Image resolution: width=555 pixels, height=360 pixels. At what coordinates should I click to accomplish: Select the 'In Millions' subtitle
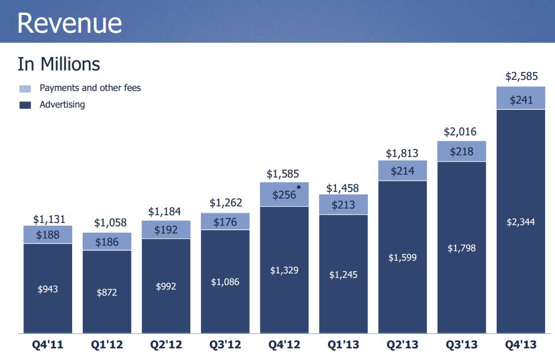(x=59, y=64)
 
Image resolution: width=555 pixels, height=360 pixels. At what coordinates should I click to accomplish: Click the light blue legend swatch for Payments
(x=25, y=88)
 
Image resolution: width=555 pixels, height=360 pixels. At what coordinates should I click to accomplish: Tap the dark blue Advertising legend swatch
(x=25, y=105)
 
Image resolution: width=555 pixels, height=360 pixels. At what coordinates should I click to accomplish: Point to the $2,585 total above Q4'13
(x=521, y=77)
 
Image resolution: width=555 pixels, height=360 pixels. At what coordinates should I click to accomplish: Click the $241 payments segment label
(x=521, y=100)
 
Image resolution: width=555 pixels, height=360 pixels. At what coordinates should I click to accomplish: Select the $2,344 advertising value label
(x=521, y=222)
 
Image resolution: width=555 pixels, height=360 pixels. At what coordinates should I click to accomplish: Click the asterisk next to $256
(x=299, y=189)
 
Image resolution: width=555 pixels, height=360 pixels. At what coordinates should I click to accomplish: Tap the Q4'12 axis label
(x=284, y=345)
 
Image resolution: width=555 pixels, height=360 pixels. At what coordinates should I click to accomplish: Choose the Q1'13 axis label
(x=343, y=345)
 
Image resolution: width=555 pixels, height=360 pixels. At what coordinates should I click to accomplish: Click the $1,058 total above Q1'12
(x=110, y=223)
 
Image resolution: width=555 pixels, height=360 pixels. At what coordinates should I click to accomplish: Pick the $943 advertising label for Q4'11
(x=47, y=289)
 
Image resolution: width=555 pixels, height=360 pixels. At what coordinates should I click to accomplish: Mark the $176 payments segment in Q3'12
(x=225, y=222)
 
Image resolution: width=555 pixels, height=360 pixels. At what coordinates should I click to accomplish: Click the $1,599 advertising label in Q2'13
(x=402, y=257)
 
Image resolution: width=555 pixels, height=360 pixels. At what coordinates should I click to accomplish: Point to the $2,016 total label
(x=461, y=132)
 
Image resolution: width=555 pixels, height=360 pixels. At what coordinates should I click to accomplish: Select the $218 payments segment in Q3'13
(x=462, y=151)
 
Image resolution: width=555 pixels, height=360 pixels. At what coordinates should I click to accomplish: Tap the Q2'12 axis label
(x=165, y=345)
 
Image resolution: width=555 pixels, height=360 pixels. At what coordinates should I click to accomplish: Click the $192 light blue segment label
(x=165, y=230)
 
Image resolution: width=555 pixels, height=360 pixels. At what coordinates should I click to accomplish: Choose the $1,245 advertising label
(x=343, y=275)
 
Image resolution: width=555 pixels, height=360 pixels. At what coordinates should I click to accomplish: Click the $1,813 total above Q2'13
(x=402, y=154)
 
